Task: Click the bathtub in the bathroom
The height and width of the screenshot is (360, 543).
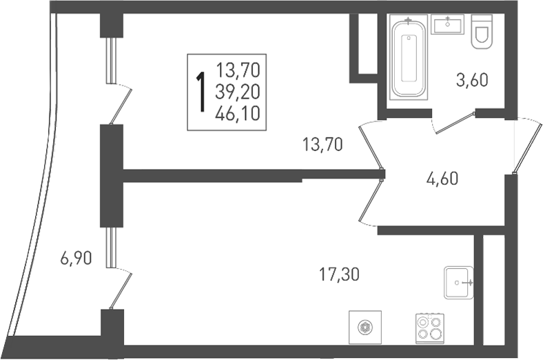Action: click(x=409, y=58)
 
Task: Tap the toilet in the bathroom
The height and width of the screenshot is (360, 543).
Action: click(x=482, y=32)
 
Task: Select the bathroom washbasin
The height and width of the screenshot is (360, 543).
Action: click(x=447, y=24)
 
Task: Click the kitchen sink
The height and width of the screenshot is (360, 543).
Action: click(x=458, y=282)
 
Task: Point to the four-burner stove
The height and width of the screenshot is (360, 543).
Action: click(x=430, y=328)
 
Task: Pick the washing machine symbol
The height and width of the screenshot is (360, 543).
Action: click(x=365, y=327)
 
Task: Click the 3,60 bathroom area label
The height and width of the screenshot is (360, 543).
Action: click(x=472, y=80)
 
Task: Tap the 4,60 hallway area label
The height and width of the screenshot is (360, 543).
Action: click(x=442, y=179)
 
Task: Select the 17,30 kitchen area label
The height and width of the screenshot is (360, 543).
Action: click(x=339, y=275)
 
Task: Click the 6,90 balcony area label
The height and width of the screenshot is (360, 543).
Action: click(x=76, y=259)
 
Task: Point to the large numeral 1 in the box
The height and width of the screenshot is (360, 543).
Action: click(x=200, y=92)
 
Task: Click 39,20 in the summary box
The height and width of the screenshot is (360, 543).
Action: click(x=237, y=92)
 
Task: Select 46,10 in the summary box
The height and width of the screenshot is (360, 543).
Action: click(x=237, y=114)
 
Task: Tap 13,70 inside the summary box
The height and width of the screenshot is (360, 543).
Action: click(x=238, y=70)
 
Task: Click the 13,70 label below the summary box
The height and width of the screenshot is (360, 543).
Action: click(x=322, y=144)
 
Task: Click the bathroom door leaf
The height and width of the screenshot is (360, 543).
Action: click(x=455, y=123)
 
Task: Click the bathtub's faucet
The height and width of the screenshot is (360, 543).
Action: click(x=409, y=21)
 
